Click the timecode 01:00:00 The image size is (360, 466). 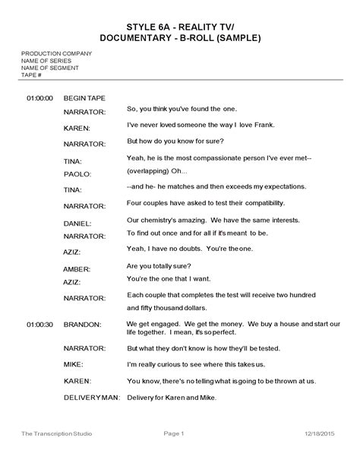point(39,98)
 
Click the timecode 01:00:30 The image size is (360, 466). point(39,325)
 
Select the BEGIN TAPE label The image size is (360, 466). point(84,98)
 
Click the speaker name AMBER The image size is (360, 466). point(77,269)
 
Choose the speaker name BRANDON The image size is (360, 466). point(82,325)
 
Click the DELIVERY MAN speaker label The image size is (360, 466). point(92,398)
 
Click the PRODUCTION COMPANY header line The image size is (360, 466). point(56,52)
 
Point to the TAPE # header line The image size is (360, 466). point(31,75)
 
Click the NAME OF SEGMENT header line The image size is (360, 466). point(51,68)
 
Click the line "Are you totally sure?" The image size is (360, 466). point(159,265)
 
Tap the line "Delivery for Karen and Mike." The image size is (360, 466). point(172,398)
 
